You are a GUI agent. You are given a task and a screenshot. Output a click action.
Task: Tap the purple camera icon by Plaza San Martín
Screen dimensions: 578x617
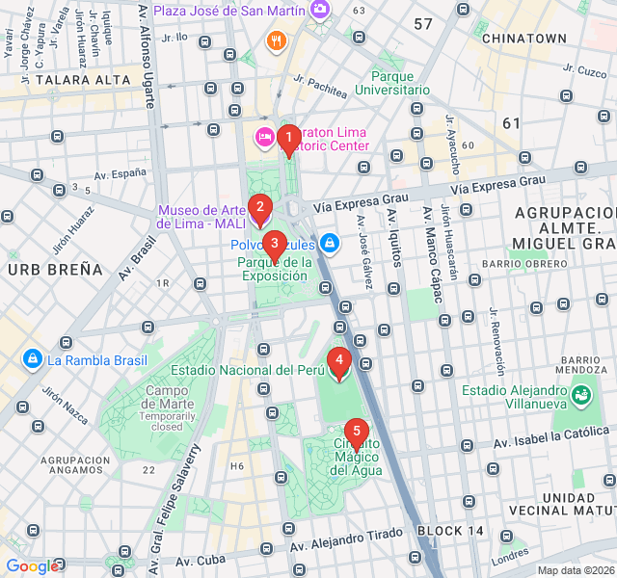[x=320, y=10]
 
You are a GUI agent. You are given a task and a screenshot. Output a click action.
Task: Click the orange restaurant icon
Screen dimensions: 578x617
[x=277, y=40]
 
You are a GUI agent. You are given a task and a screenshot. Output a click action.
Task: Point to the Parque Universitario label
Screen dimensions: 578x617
[x=391, y=83]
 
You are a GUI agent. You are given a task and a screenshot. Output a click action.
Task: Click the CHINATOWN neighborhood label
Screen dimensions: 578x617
[x=523, y=39]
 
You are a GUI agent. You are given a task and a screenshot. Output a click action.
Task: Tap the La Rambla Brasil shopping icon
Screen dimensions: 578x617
[x=33, y=360]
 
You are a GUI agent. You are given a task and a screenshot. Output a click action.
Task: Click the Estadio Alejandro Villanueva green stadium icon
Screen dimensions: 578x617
[x=580, y=394]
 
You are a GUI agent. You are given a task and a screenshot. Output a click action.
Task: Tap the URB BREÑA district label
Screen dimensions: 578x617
[x=55, y=270]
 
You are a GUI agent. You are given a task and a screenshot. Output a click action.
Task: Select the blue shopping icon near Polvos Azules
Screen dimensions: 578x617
[x=330, y=243]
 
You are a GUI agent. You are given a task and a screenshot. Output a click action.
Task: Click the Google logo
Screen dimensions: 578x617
[x=31, y=566]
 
